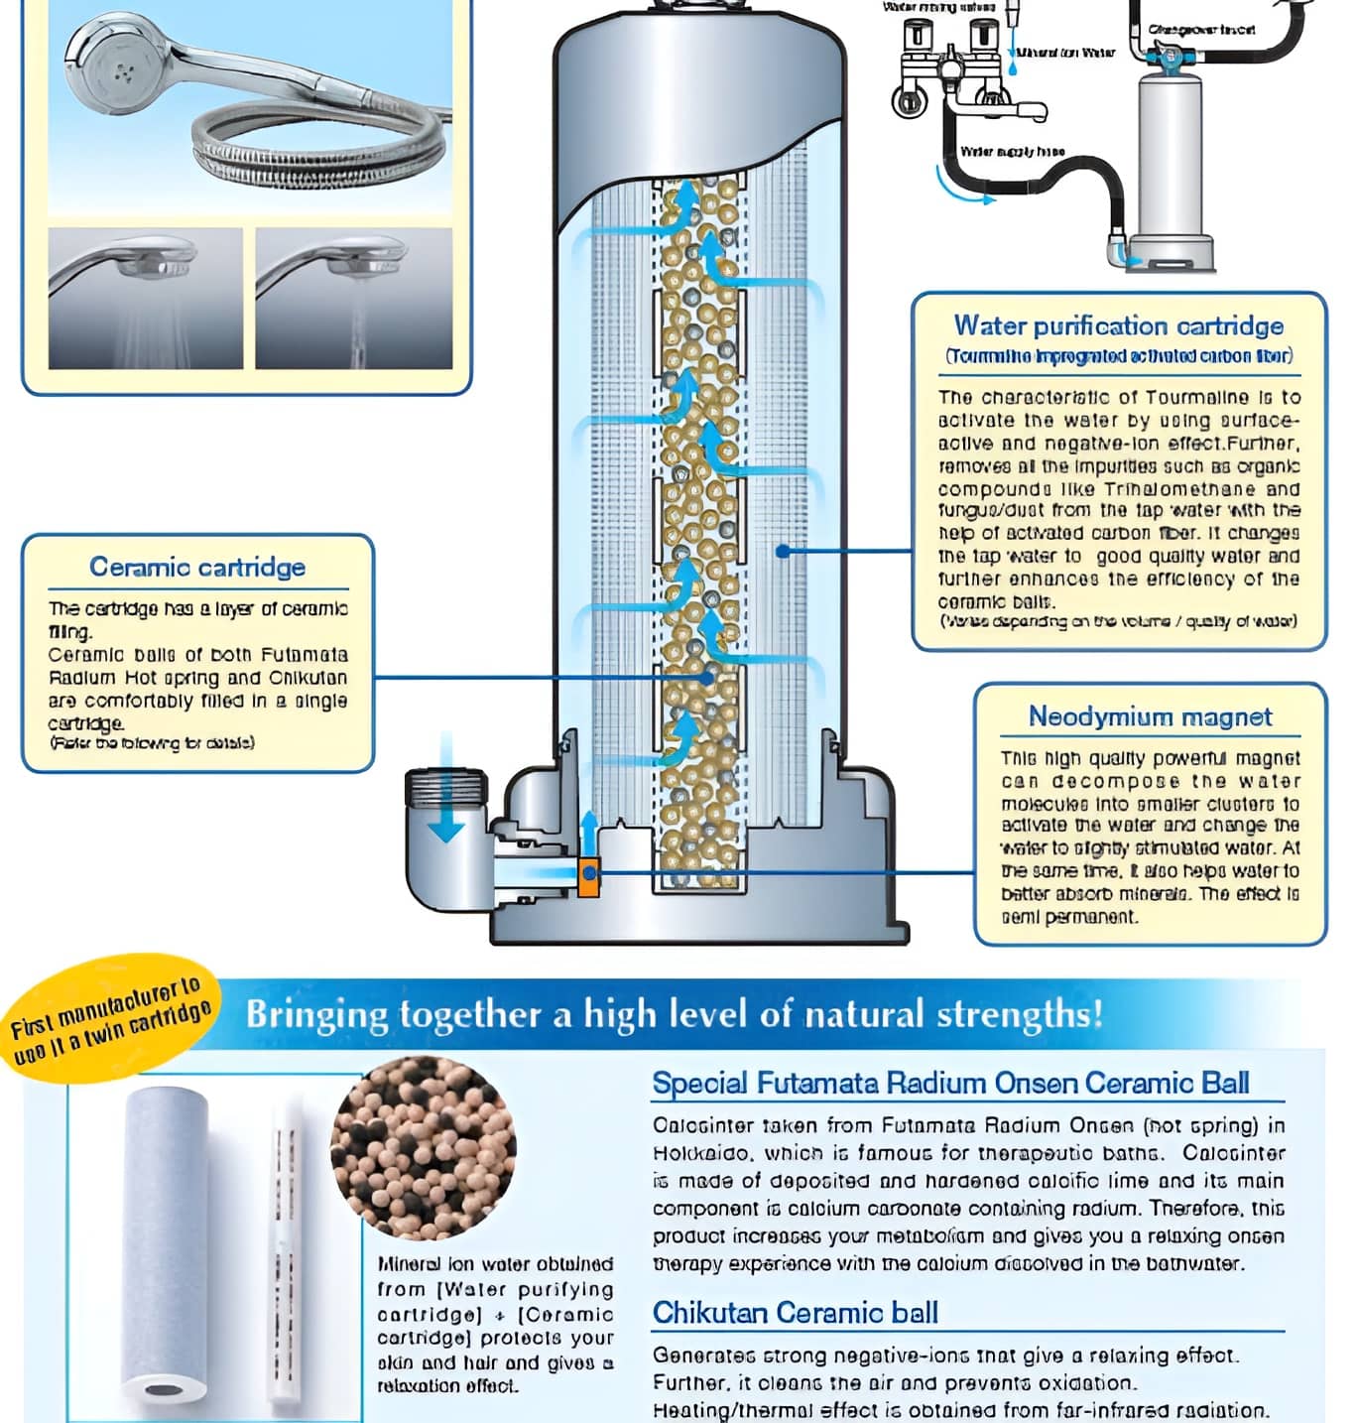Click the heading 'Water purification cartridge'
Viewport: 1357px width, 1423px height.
[x=1118, y=326]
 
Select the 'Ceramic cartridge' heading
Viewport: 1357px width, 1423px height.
[x=197, y=568]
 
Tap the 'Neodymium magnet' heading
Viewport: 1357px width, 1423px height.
[x=1150, y=716]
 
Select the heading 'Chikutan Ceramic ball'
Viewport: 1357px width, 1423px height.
[x=795, y=1313]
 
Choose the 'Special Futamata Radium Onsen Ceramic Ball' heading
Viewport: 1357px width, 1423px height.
[x=950, y=1083]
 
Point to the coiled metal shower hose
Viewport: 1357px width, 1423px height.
[x=308, y=150]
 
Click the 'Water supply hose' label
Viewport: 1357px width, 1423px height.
[x=1012, y=152]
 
